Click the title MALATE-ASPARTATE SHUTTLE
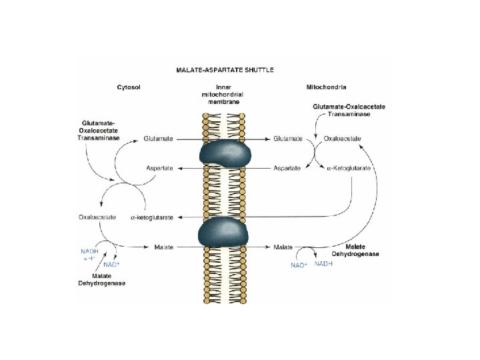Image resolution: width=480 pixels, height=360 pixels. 224,69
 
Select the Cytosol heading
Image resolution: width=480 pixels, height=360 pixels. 129,87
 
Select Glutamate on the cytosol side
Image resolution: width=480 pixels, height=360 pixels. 159,139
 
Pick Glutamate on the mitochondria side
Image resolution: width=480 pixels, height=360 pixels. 288,139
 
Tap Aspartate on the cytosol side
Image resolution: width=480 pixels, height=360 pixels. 159,168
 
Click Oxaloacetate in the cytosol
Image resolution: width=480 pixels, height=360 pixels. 97,217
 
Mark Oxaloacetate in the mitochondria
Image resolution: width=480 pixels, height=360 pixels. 343,139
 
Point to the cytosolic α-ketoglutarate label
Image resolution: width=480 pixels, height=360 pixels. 152,217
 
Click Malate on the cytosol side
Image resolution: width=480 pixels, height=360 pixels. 163,247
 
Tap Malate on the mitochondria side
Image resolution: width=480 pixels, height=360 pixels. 283,247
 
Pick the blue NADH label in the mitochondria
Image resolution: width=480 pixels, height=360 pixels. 323,264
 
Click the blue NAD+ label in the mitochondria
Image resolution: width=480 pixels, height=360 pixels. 298,265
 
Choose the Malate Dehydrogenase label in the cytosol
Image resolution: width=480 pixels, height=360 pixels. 101,280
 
